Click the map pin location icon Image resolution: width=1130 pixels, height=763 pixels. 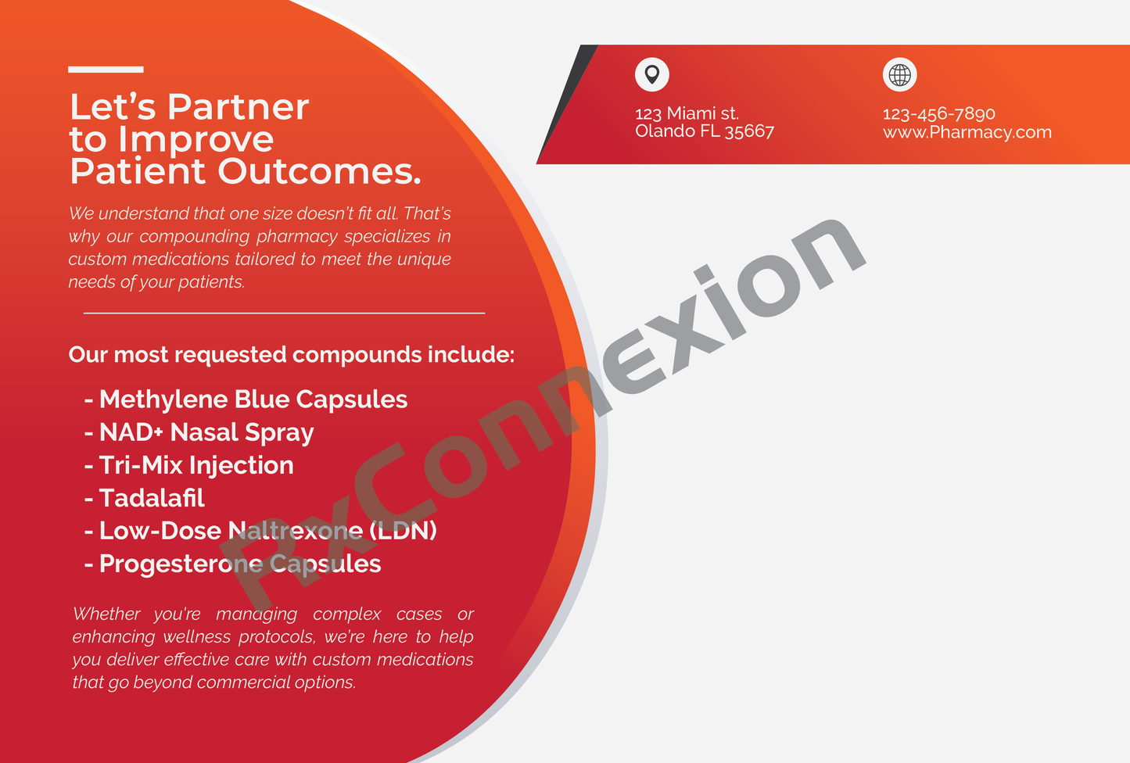651,74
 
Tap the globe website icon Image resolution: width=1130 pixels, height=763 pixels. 899,74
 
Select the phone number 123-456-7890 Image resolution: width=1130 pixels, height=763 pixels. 939,113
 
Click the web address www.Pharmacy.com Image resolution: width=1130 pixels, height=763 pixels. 967,132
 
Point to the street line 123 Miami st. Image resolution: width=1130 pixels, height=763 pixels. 687,113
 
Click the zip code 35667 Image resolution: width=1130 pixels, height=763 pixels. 749,131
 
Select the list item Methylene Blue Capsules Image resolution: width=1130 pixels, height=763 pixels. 246,399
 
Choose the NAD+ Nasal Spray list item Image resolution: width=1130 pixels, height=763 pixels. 199,432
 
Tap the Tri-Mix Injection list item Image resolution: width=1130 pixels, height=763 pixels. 188,465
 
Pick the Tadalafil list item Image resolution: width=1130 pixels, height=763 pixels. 144,498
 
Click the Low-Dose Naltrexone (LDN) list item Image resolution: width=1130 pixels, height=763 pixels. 260,531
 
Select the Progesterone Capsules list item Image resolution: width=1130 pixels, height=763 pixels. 232,564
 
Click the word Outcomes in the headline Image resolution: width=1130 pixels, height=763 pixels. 319,171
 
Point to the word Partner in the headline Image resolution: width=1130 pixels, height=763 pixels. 238,107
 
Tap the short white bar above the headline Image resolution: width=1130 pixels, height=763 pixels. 106,70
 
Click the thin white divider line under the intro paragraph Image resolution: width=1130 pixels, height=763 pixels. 284,313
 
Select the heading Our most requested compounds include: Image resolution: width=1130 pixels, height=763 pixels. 292,355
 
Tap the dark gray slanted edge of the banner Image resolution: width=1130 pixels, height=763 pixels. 567,104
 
